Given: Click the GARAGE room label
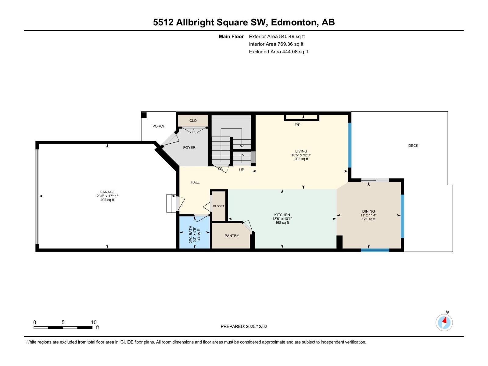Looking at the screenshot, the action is [107, 192].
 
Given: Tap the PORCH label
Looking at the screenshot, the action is [159, 126].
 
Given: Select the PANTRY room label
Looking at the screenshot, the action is [232, 236].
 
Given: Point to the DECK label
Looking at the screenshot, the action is [413, 145].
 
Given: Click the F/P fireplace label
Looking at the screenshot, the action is [297, 125].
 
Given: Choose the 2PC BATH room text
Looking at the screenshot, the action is [191, 234].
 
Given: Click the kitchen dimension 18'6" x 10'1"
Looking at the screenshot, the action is [282, 219].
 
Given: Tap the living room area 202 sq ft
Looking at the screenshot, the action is [301, 159].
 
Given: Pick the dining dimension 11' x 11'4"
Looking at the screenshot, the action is [368, 215].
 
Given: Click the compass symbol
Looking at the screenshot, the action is [444, 323].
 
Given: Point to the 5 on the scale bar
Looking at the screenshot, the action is [63, 322].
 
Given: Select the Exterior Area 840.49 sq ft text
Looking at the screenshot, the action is [277, 36].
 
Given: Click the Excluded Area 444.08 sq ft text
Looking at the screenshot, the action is [278, 52].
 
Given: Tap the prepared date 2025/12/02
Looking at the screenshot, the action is [256, 326].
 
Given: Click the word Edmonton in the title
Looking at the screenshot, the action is [293, 22].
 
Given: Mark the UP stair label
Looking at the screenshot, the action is [242, 170].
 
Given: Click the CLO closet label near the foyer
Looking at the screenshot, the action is [193, 121].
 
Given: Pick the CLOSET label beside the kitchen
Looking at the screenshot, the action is [219, 206].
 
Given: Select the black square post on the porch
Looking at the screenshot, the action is [144, 115].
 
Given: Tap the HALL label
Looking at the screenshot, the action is [195, 182].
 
